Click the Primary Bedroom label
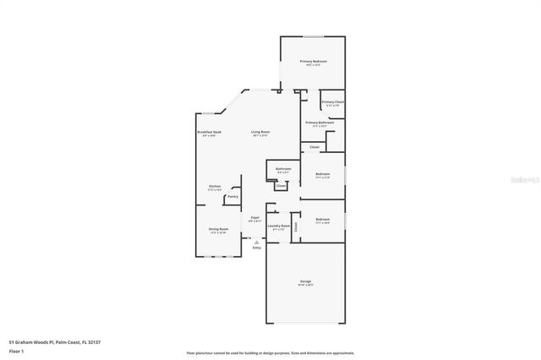point(313,62)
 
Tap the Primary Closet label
point(332,102)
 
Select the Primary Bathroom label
point(320,123)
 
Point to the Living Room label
point(260,133)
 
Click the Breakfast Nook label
point(209,133)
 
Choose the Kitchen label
point(215,186)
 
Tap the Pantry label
point(232,197)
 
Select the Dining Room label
point(218,229)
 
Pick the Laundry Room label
point(279,226)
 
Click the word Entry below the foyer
point(256,248)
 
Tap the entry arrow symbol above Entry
point(256,241)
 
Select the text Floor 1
point(16,348)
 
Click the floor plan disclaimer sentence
point(270,352)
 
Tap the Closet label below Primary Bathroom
point(314,147)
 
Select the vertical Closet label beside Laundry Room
point(296,226)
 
